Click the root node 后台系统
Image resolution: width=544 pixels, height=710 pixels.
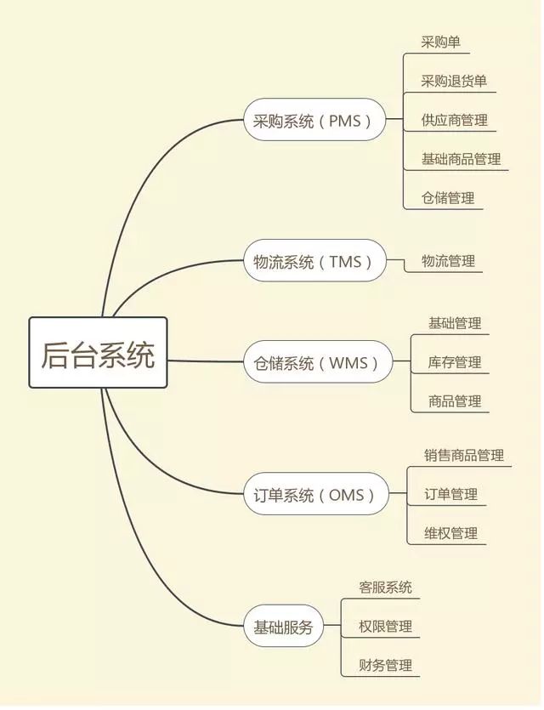coord(99,353)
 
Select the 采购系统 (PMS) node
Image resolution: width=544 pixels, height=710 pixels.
coord(314,120)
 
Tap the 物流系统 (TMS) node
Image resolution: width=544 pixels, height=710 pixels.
coord(315,261)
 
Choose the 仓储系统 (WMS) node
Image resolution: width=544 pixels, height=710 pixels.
coord(318,362)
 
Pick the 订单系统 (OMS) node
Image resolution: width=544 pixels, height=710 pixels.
coord(316,494)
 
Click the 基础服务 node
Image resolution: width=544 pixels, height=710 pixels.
coord(284,626)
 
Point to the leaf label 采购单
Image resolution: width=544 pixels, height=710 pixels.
coord(441,43)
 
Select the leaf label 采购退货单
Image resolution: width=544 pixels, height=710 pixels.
coord(454,81)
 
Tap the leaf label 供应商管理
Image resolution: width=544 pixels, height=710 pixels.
coord(455,120)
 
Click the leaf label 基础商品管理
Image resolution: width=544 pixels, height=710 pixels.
coord(462,159)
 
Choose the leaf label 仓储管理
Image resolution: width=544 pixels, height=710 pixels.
coord(448,198)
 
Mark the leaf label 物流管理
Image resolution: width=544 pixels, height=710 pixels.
coord(449,261)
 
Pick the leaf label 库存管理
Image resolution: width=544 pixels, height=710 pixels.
coord(455,362)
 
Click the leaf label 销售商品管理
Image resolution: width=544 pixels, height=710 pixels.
coord(464,455)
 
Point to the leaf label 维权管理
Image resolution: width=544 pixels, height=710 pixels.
coord(451,533)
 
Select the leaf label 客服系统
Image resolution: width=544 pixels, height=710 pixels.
coord(386,588)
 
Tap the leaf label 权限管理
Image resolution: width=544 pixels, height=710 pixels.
coord(386,626)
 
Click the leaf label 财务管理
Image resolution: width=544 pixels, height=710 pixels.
coord(386,665)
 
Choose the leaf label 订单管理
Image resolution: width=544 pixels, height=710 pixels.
coord(451,494)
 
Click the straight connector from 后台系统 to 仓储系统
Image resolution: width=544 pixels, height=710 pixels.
coord(206,361)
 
